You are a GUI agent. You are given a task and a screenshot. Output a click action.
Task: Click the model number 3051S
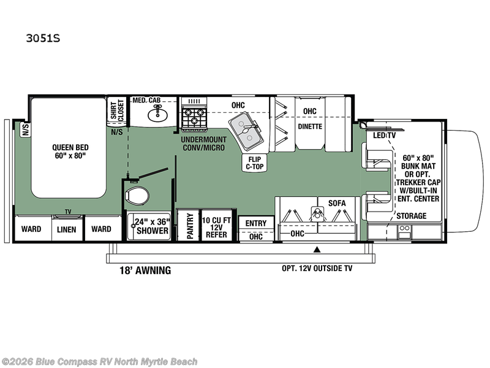[43, 38]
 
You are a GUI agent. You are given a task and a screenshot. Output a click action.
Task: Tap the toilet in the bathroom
[137, 196]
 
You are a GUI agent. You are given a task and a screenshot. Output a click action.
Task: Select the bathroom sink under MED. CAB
[157, 114]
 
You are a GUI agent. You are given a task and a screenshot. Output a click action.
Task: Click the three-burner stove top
[194, 117]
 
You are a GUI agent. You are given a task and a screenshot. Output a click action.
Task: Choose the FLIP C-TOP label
[255, 163]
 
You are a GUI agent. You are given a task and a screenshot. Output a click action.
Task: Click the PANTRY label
[190, 226]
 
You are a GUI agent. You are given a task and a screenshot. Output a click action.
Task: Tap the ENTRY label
[256, 223]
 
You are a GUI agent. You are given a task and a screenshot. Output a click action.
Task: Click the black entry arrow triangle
[317, 250]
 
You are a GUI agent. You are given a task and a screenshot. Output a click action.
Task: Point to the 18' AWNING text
[145, 270]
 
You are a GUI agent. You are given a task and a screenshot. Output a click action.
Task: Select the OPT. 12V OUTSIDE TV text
[317, 268]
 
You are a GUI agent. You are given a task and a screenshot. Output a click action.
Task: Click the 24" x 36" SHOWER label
[153, 226]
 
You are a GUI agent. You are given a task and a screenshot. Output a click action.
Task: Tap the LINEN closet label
[67, 229]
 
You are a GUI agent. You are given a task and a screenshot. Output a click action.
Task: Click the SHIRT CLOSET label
[117, 110]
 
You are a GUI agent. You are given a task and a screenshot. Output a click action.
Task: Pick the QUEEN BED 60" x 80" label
[70, 151]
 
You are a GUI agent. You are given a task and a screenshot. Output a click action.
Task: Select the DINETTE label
[310, 126]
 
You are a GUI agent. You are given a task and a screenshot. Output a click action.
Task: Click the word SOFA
[337, 203]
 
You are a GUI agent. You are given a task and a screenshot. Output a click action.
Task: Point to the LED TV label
[384, 135]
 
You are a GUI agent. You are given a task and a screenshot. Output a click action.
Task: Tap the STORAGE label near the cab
[412, 216]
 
